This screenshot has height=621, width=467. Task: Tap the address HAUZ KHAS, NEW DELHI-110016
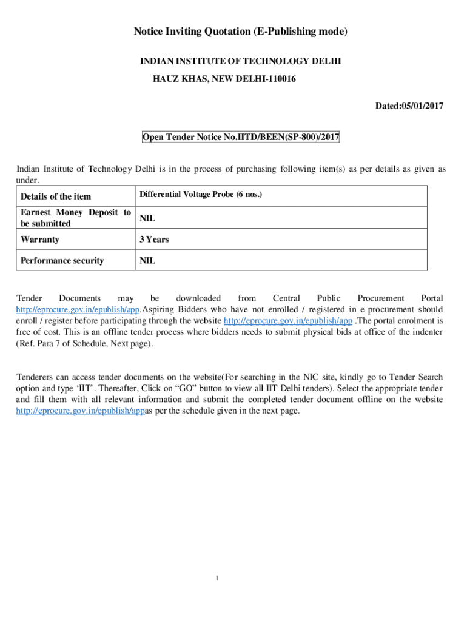pos(224,79)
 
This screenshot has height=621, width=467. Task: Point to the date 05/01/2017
pos(422,106)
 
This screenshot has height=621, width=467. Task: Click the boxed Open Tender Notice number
pos(241,138)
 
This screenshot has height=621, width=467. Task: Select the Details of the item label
pos(56,196)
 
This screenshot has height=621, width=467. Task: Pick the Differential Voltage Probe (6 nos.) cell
pos(201,195)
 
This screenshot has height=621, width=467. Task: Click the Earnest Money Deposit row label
pos(75,218)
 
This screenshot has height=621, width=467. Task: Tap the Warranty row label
pos(40,240)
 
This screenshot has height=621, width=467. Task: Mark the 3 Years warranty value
pos(154,240)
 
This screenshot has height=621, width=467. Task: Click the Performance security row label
pos(62,261)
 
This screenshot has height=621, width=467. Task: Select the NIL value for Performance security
pos(147,261)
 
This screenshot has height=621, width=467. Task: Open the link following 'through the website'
pos(288,320)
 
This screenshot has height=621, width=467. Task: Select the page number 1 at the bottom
pos(217,577)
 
